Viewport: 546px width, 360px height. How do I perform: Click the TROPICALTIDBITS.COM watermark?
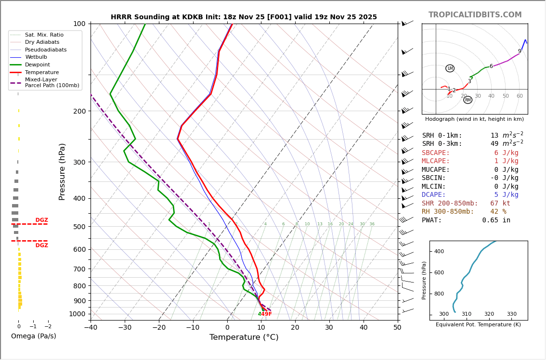(x=475, y=15)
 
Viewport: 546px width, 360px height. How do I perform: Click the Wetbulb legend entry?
(x=38, y=57)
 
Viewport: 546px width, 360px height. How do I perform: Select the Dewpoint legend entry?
(x=38, y=64)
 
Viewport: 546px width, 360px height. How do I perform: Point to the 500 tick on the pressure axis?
(x=79, y=227)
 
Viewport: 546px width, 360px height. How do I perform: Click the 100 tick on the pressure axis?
(x=79, y=24)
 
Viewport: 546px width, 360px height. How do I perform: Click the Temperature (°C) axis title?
(x=244, y=338)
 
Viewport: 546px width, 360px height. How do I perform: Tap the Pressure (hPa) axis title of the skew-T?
(x=62, y=171)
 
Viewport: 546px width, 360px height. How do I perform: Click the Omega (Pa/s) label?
(x=33, y=336)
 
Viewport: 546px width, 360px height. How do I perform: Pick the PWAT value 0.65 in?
(x=496, y=220)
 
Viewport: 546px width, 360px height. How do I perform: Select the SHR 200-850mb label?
(x=450, y=204)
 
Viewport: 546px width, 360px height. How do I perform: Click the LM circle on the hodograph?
(x=450, y=68)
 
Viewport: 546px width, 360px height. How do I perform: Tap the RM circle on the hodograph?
(x=468, y=100)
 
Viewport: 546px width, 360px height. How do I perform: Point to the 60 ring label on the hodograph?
(x=520, y=96)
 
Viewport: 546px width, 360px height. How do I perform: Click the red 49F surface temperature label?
(x=266, y=314)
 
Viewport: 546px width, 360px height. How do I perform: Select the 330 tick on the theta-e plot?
(x=511, y=314)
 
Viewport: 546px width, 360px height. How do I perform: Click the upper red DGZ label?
(x=41, y=220)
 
